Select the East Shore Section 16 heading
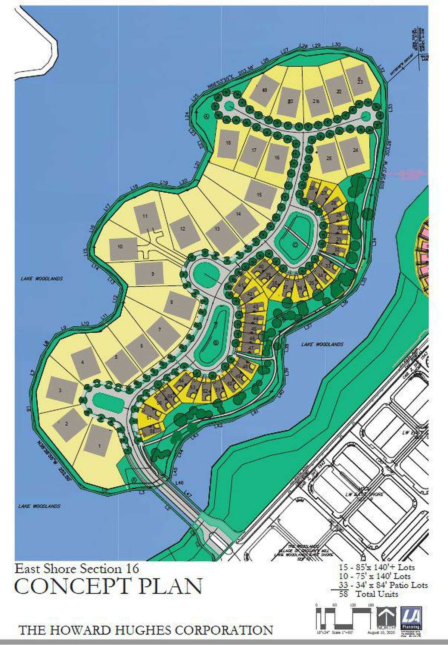click(x=77, y=568)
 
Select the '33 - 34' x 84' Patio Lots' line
click(x=383, y=585)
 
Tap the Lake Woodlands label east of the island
click(x=322, y=345)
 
